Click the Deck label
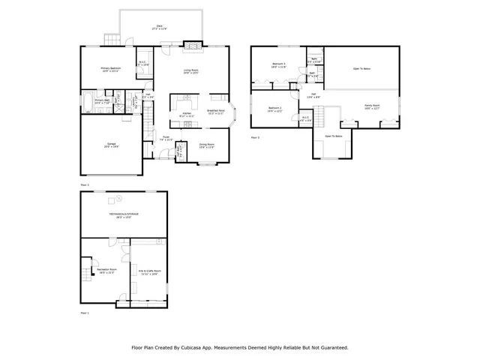(x=159, y=27)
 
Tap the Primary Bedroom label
(x=111, y=69)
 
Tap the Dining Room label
(x=207, y=145)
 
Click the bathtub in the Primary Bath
(x=88, y=102)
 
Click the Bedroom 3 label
(x=279, y=65)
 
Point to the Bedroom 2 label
(x=275, y=109)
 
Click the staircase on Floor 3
(x=321, y=116)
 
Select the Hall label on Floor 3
(x=314, y=94)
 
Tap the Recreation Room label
(x=106, y=271)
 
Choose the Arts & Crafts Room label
(x=149, y=271)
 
